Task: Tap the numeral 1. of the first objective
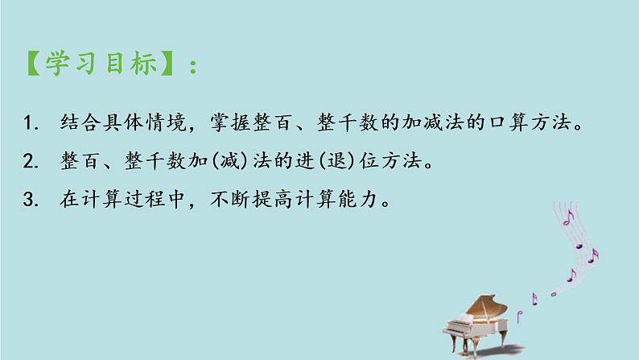tap(31, 124)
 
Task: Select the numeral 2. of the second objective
tap(31, 162)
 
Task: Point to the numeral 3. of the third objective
tap(31, 199)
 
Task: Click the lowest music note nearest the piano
tap(533, 299)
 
